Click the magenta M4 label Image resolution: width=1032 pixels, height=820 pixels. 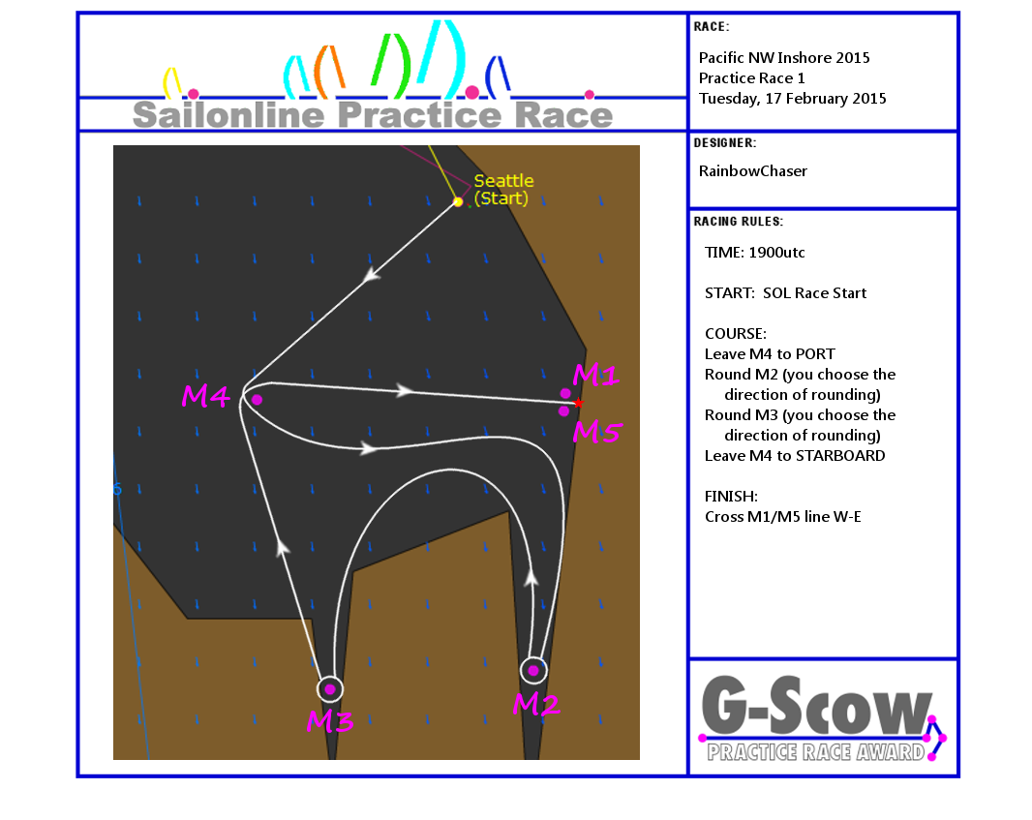205,396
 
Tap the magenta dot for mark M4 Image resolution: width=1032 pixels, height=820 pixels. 257,400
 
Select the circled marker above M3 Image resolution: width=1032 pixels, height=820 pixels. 330,689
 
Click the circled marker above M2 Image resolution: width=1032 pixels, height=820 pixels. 533,671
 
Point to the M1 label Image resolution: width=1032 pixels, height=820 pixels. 595,375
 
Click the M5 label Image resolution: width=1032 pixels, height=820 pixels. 597,432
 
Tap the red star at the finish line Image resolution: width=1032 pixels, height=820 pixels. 578,403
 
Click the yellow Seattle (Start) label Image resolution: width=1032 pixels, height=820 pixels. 503,190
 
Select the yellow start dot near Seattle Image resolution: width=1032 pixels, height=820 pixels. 458,201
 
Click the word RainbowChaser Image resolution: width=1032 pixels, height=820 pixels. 752,171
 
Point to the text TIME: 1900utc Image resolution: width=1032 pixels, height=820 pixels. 754,253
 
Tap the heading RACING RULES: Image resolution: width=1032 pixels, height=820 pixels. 738,222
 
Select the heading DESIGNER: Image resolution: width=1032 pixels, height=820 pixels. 725,143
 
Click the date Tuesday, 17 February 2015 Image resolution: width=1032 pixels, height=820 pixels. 793,99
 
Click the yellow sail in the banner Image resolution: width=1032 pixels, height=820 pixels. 171,82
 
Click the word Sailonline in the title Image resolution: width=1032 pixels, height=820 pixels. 228,115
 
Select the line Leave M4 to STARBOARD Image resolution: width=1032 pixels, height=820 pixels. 795,456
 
